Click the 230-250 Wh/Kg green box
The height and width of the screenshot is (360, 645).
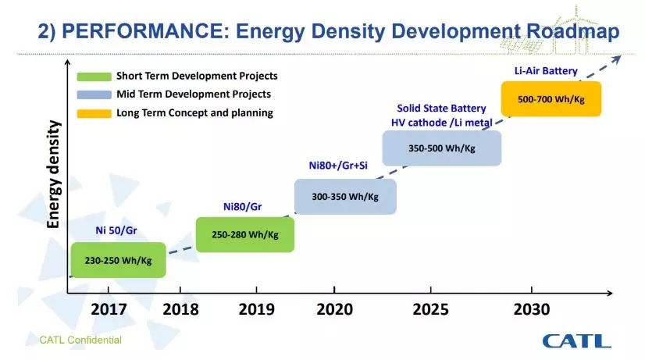pyautogui.click(x=118, y=260)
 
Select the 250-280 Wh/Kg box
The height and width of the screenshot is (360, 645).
pyautogui.click(x=245, y=234)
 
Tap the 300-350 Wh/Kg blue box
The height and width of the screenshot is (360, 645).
pyautogui.click(x=345, y=197)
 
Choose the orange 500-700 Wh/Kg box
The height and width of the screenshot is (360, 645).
pyautogui.click(x=551, y=98)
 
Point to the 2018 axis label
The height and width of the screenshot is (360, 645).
pyautogui.click(x=182, y=309)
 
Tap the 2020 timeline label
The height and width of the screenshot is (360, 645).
pyautogui.click(x=336, y=309)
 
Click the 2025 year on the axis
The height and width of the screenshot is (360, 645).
pyautogui.click(x=429, y=309)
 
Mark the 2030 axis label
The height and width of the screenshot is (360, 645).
pyautogui.click(x=532, y=309)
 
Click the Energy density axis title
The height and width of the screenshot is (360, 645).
pyautogui.click(x=54, y=174)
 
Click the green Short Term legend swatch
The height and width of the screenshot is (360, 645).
pyautogui.click(x=94, y=77)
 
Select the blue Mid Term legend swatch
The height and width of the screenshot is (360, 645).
pyautogui.click(x=94, y=94)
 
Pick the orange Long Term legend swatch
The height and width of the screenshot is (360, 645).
pyautogui.click(x=94, y=112)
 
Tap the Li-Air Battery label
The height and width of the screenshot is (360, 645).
pyautogui.click(x=545, y=71)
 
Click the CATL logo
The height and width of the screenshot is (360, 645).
pyautogui.click(x=576, y=340)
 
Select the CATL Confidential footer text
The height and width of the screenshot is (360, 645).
pyautogui.click(x=81, y=340)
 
